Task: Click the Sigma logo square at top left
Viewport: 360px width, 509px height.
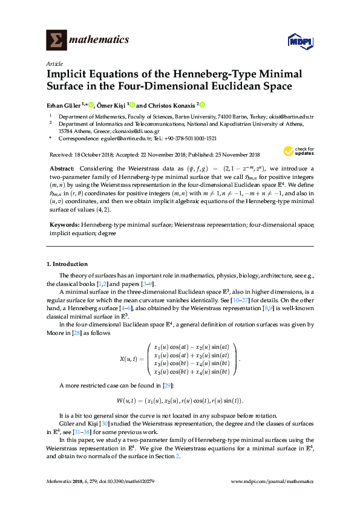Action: tap(56, 40)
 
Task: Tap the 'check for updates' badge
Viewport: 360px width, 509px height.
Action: tap(298, 152)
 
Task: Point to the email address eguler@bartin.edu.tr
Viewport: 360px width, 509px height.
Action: tap(111, 138)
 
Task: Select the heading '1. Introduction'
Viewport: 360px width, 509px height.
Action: tap(67, 264)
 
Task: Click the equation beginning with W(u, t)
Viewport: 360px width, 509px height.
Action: tap(180, 400)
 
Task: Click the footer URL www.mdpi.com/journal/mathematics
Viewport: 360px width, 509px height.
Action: tap(273, 481)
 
